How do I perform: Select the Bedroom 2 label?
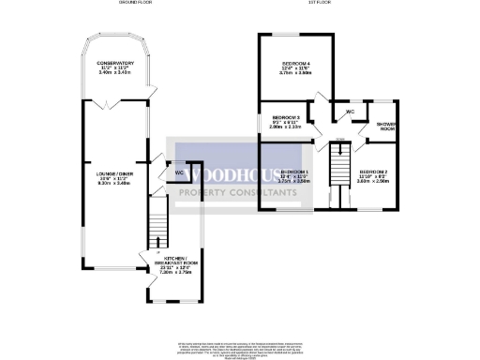(x=372, y=172)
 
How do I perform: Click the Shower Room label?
(x=386, y=127)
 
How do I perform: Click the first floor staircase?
(x=338, y=169)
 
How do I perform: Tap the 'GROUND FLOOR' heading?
(x=137, y=4)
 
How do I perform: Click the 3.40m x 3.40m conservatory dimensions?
(x=114, y=71)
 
